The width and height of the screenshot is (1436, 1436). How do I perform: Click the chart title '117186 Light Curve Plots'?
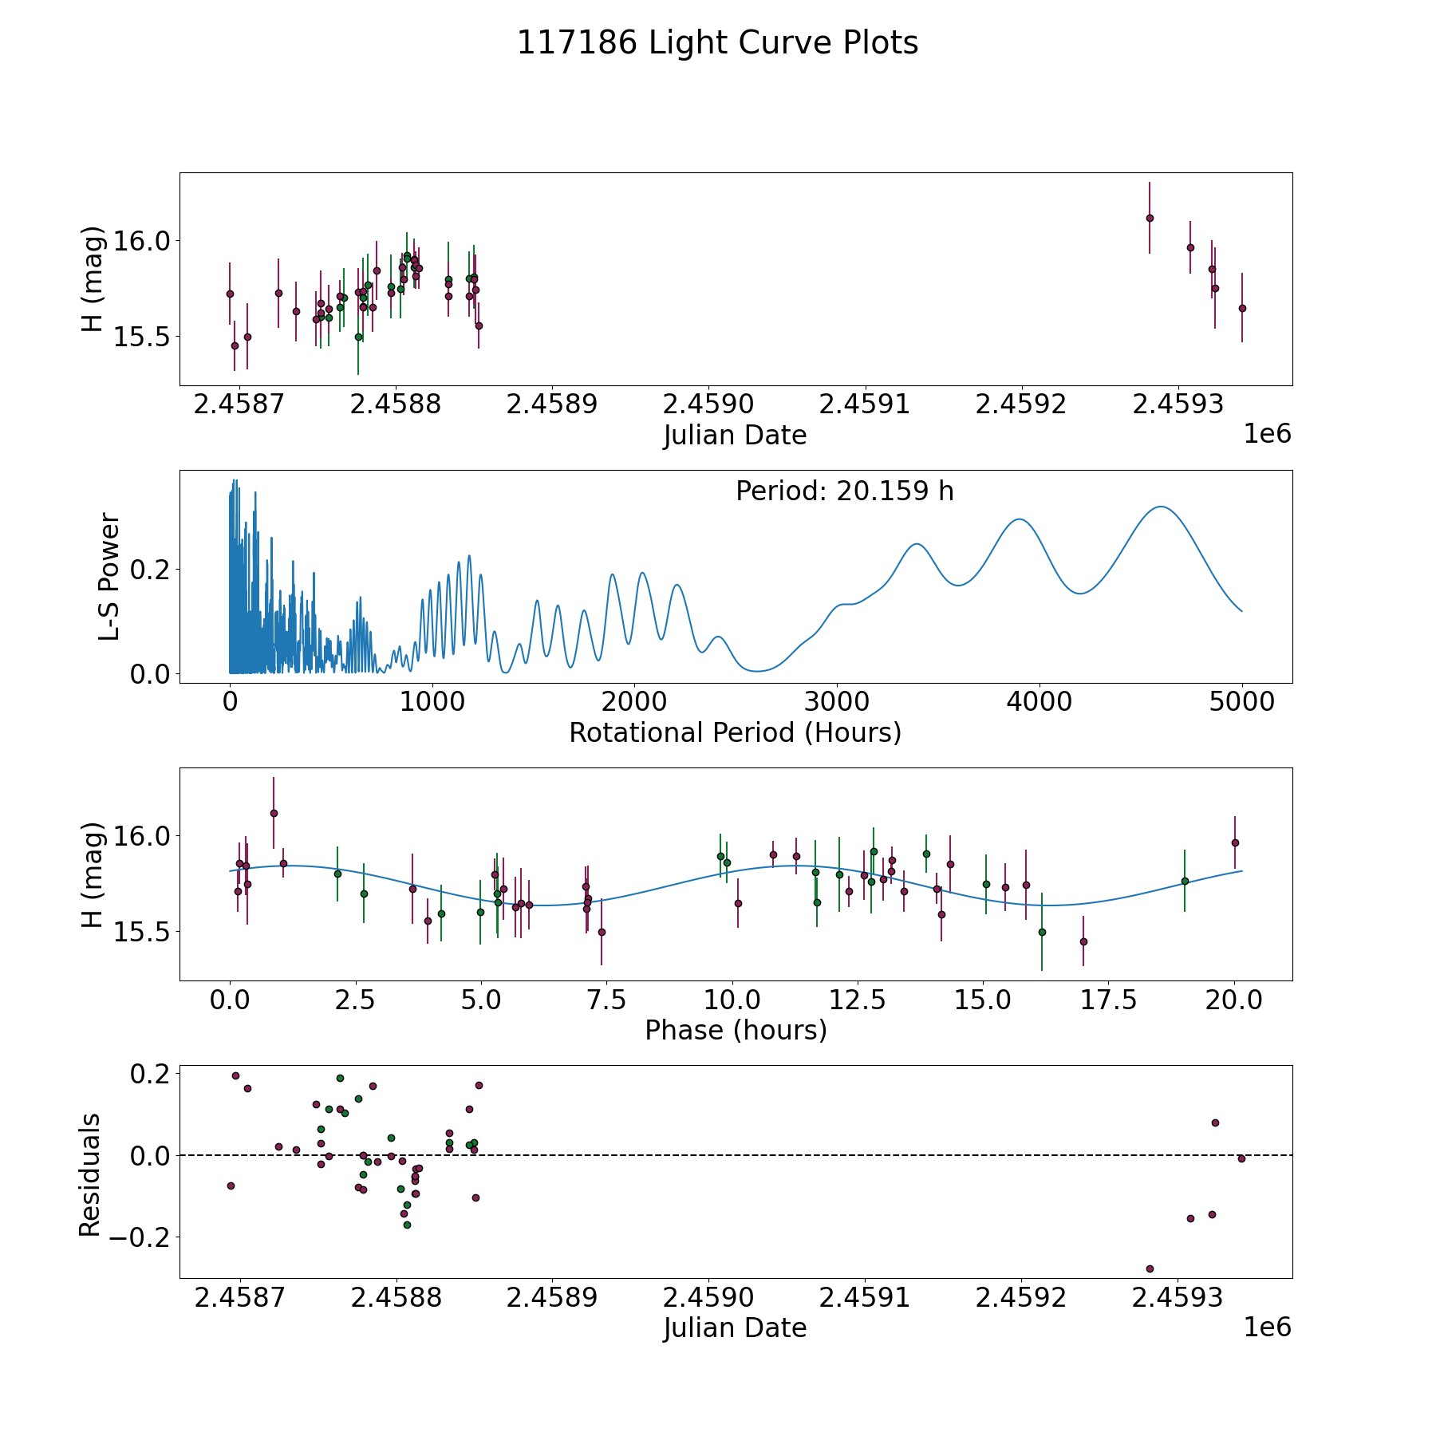tap(717, 43)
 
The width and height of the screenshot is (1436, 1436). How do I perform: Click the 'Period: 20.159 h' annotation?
tap(844, 491)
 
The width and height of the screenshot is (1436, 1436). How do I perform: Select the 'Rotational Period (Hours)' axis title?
tap(735, 732)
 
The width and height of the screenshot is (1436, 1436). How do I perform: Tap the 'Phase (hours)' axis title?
tap(735, 1030)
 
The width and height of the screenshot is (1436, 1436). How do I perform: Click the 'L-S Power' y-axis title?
tap(109, 577)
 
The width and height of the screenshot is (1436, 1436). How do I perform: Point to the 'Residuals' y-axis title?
tap(90, 1174)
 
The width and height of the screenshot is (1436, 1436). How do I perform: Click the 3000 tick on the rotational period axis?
tap(837, 702)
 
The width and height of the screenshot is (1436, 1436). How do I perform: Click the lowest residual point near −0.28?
tap(1150, 1268)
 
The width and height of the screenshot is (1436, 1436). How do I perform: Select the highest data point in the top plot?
tap(1150, 218)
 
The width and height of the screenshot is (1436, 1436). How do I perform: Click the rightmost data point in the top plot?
tap(1242, 308)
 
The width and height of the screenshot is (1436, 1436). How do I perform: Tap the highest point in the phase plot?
tap(274, 813)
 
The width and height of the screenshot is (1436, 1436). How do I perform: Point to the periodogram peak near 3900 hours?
tap(1020, 519)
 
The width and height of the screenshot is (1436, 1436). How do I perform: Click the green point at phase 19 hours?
tap(1185, 881)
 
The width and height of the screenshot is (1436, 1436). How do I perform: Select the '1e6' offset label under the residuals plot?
tap(1267, 1327)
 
